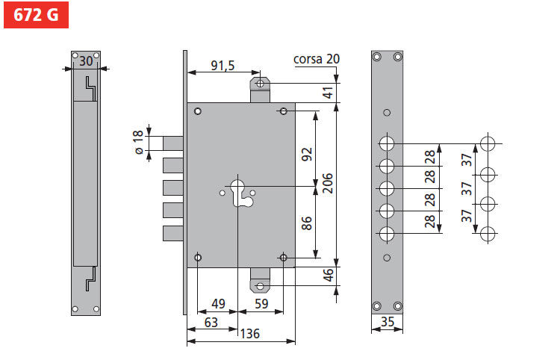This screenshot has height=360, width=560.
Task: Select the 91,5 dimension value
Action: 223,66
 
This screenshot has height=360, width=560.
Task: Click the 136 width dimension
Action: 250,334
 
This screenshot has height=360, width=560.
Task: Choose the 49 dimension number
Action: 218,304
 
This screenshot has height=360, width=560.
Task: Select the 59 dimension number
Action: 261,304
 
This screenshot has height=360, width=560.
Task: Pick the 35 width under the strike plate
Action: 387,323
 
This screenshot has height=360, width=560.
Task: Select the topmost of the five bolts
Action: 172,143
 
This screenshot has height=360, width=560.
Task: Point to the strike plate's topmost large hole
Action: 387,143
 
